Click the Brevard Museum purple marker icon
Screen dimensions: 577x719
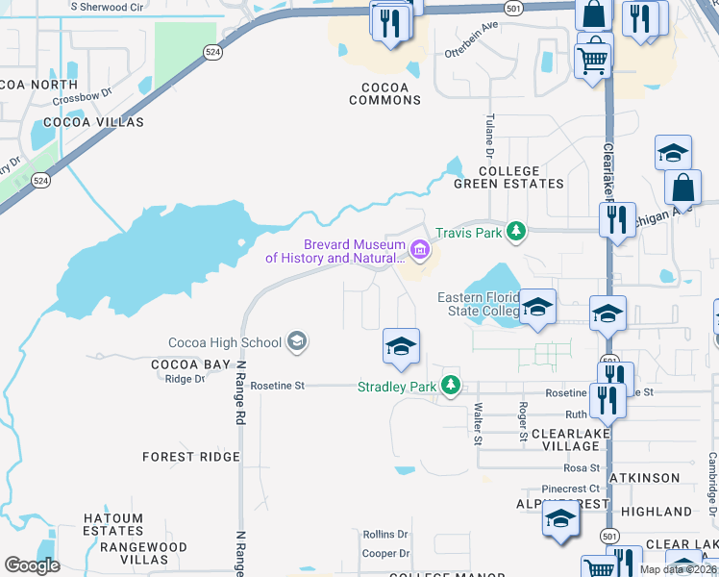[419, 251]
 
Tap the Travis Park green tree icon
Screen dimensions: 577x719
[516, 231]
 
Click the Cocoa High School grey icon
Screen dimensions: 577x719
[297, 342]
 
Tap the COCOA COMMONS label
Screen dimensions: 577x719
[384, 93]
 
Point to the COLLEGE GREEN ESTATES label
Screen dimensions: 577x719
[508, 177]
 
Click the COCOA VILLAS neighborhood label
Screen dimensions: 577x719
[93, 122]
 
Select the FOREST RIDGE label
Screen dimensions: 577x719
[191, 457]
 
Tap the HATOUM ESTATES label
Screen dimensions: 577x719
[112, 524]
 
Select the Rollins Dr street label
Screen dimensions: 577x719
[385, 534]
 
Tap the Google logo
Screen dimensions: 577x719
[33, 565]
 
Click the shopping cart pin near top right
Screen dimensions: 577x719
[593, 61]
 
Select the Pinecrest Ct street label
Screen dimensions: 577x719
[569, 489]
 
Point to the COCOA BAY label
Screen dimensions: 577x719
[191, 364]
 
